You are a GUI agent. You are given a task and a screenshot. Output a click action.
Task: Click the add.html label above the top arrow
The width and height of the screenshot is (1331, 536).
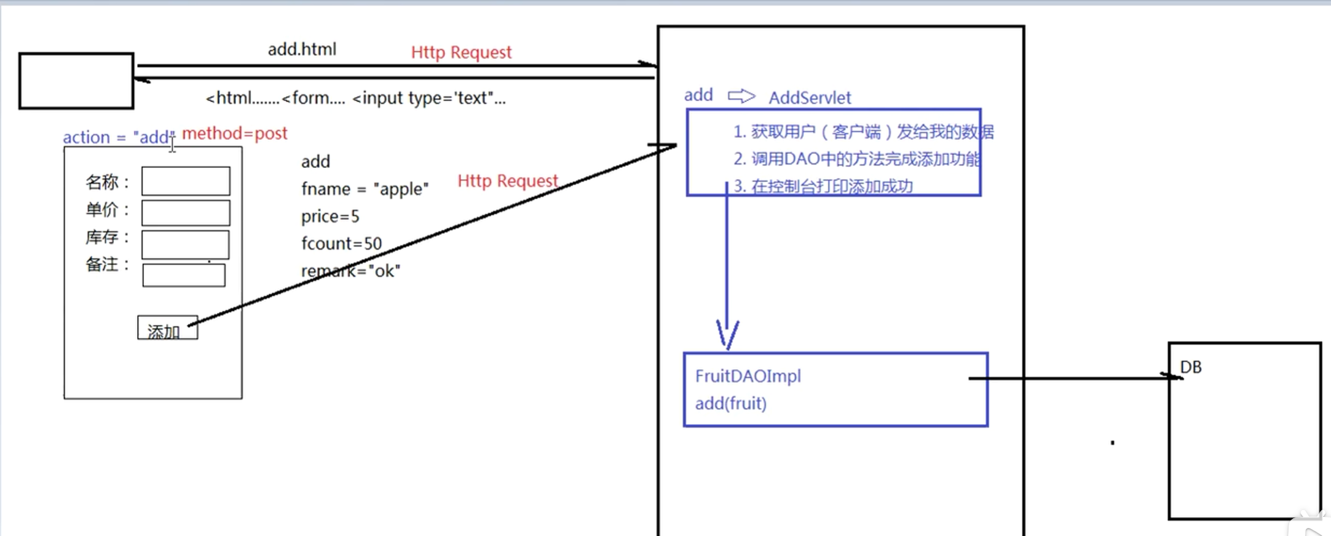coord(302,49)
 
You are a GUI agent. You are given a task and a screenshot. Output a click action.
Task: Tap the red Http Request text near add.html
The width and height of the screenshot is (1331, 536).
coord(461,52)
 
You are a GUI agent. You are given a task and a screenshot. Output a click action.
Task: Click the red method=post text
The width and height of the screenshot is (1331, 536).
coord(234,134)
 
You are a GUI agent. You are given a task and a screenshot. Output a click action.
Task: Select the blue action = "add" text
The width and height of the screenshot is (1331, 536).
coord(118,137)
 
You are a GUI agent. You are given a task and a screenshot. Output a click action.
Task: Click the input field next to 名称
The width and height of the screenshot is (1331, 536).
coord(186,181)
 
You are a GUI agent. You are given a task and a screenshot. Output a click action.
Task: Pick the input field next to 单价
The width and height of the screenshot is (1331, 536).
coord(186,212)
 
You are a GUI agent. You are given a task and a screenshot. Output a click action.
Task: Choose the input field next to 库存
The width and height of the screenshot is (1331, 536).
coord(185,244)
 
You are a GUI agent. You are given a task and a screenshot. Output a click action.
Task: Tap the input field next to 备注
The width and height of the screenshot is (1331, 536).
coord(184,275)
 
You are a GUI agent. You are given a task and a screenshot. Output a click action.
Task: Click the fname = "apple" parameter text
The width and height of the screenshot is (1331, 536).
coord(365,189)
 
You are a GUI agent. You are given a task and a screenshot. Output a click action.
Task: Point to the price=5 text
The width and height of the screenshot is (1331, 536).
coord(330,217)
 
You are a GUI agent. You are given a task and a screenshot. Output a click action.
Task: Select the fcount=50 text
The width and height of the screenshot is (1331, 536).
coord(341,244)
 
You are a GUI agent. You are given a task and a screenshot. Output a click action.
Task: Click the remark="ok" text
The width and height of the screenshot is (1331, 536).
coord(350,271)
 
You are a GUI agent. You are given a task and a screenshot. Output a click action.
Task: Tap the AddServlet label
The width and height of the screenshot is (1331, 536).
coord(810,98)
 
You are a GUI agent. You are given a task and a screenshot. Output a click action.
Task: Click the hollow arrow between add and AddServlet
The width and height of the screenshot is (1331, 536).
coord(741,96)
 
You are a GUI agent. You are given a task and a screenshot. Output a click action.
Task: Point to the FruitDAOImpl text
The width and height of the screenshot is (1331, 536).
coord(748,376)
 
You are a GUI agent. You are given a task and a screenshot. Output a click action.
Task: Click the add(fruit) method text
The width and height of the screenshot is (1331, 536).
coord(730,404)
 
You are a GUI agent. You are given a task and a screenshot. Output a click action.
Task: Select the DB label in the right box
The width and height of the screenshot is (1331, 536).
coord(1190,367)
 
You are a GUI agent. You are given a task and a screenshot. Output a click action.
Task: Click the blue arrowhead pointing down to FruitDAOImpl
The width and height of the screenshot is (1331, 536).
coord(727,335)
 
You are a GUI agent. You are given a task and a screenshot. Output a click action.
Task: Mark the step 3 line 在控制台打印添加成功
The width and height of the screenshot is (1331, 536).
coord(823,186)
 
